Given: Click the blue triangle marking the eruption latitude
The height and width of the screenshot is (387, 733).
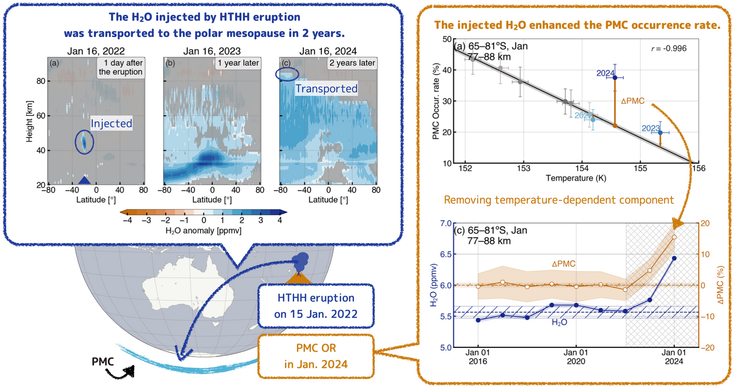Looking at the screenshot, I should [85, 180].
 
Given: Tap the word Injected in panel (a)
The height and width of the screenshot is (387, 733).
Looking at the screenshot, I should [111, 124].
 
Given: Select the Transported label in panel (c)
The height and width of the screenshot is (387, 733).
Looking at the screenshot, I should [326, 89].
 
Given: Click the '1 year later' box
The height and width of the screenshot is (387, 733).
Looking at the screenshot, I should [238, 63].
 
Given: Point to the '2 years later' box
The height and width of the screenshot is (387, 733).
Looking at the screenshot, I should [352, 63].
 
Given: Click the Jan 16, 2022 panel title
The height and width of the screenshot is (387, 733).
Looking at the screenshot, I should [96, 51].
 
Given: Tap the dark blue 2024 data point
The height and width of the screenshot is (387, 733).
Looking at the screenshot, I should [615, 77].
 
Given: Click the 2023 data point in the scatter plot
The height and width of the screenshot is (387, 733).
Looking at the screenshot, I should [660, 132].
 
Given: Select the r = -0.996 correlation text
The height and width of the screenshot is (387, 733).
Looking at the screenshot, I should [669, 48].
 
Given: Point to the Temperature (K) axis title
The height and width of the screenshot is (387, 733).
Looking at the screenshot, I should [576, 178].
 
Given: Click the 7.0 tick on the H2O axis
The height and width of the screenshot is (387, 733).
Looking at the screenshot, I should [445, 223].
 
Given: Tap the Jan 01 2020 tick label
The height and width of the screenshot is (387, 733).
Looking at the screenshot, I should [576, 357].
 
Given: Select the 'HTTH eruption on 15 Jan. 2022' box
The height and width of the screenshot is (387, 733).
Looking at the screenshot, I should [316, 306].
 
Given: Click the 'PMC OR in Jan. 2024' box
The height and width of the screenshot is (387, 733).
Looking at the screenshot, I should [316, 356].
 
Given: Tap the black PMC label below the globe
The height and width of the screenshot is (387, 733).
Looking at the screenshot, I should [103, 362].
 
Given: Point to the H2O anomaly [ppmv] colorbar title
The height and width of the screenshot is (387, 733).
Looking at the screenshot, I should [203, 231].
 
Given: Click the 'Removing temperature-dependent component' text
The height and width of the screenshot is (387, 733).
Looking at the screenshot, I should [559, 200].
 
